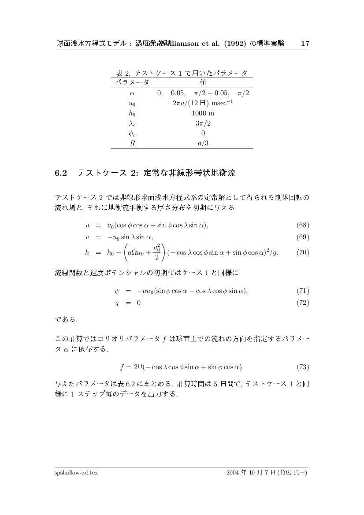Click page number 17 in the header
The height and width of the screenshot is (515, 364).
[x=305, y=44]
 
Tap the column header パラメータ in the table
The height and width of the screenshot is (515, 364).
[x=132, y=82]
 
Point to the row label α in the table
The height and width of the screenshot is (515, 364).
[x=132, y=93]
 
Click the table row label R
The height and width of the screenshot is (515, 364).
[x=132, y=143]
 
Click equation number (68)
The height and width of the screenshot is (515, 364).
[x=303, y=226]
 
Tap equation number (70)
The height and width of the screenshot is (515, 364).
[x=303, y=252]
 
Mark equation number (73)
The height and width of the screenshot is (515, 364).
[x=303, y=367]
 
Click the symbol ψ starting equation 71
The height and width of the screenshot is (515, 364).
[x=117, y=291]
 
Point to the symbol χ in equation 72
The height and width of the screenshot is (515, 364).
[x=117, y=303]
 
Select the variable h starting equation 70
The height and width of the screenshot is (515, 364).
[x=87, y=252]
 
